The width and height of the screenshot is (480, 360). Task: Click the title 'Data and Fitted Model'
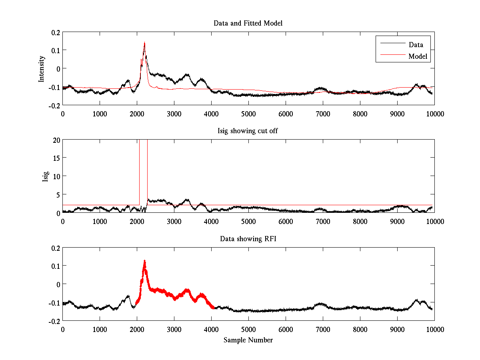click(x=248, y=23)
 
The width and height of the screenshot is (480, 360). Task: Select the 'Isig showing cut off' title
click(x=248, y=131)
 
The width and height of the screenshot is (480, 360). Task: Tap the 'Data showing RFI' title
click(x=248, y=239)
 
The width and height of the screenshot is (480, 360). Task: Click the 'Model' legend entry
click(x=418, y=56)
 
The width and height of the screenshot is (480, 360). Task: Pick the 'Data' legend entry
click(x=416, y=45)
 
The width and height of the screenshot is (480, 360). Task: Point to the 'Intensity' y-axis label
click(x=42, y=69)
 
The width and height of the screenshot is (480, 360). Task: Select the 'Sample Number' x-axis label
click(x=248, y=340)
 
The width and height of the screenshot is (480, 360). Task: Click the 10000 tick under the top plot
click(x=434, y=113)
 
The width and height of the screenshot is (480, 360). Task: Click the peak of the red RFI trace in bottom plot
click(x=144, y=261)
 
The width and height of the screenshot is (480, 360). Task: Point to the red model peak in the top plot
click(x=144, y=42)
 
